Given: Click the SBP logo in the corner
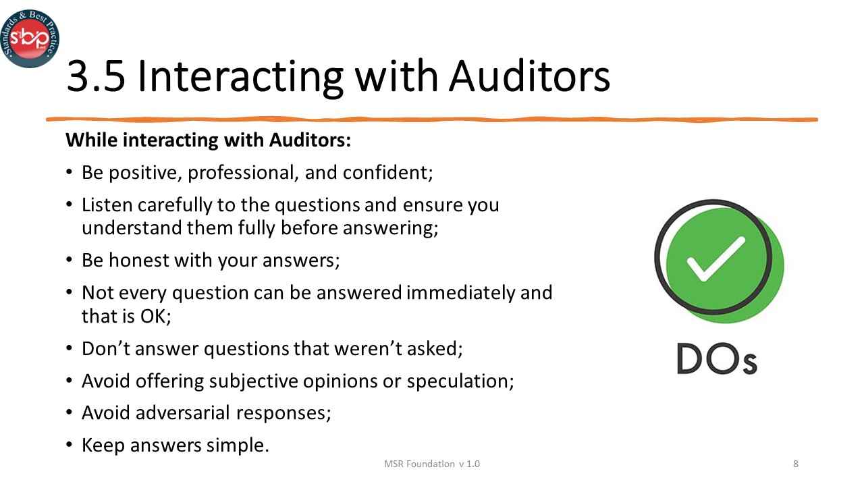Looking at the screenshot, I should (x=29, y=38).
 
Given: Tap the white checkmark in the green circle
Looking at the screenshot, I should (x=715, y=259).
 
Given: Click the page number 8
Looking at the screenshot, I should (x=796, y=464).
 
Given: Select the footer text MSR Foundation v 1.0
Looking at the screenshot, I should (x=432, y=464).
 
